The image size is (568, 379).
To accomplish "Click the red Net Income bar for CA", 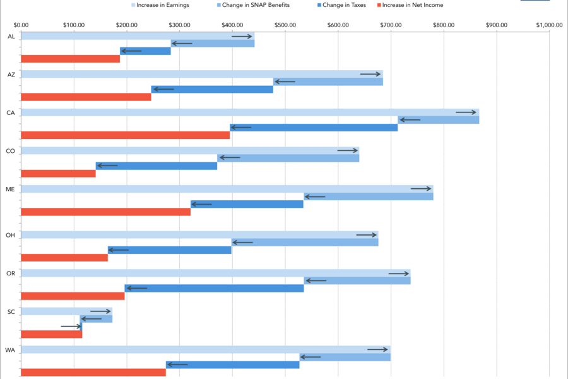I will click(126, 135).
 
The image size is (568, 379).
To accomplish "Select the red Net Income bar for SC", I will click(52, 334).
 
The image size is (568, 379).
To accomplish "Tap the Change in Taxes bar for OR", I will click(214, 288).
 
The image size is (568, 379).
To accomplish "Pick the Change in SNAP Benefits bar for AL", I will click(213, 44).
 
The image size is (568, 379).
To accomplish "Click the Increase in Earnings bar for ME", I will click(227, 189).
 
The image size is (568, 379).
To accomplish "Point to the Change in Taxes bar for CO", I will click(157, 166).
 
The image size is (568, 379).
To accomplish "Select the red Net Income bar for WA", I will click(93, 373).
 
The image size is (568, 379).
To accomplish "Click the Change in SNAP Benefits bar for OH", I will click(305, 243).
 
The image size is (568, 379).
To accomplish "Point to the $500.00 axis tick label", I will click(285, 25).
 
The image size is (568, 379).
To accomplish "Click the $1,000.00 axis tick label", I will click(549, 25).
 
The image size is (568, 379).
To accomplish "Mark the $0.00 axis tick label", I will click(21, 25).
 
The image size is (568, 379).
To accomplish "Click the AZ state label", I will click(10, 75).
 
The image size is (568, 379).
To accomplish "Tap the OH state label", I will click(10, 235).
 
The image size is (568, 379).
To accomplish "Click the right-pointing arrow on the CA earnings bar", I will click(466, 112).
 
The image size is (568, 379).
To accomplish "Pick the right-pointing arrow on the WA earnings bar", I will click(377, 349).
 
